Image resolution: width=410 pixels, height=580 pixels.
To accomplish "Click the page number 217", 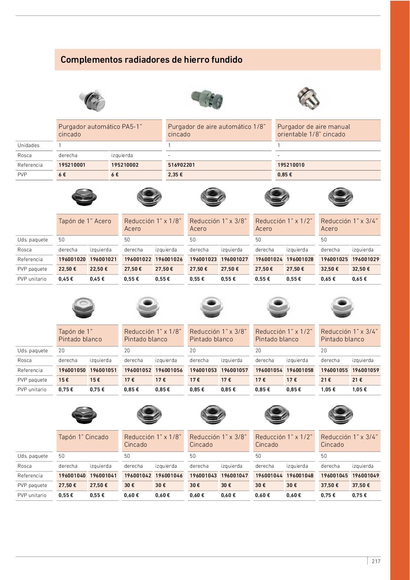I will coord(376,561).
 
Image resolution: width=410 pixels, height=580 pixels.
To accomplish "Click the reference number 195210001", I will coord(72,165).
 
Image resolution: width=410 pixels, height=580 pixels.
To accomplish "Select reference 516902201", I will coord(181,165).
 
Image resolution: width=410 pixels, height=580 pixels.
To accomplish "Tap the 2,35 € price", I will coord(175,175).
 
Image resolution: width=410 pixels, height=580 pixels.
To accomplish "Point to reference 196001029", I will coord(366,259).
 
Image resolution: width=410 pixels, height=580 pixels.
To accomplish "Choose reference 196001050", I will coord(72,370).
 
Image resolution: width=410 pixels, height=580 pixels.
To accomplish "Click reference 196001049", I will coord(366,476).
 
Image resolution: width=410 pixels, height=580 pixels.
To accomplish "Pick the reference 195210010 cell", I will coord(291,165).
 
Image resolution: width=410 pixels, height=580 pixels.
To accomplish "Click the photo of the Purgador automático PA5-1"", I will coord(92,100).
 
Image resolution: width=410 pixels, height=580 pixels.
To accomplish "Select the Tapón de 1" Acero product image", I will coord(84,197).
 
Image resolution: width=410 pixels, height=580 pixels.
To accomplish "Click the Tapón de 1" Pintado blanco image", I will coord(84,307).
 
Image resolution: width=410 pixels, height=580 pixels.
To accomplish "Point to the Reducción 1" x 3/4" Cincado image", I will coord(340,414).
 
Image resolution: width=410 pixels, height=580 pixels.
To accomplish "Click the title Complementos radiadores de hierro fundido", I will coord(151,60).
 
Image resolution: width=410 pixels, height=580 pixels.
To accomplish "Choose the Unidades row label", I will coord(29,145).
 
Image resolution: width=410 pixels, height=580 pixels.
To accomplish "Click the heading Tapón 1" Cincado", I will coord(83,437).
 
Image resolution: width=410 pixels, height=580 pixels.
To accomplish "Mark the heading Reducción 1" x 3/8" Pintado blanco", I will coord(218,335).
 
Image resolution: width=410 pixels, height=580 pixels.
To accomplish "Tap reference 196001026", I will coord(169,259).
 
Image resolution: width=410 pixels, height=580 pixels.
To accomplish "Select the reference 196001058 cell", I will coord(300,370).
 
